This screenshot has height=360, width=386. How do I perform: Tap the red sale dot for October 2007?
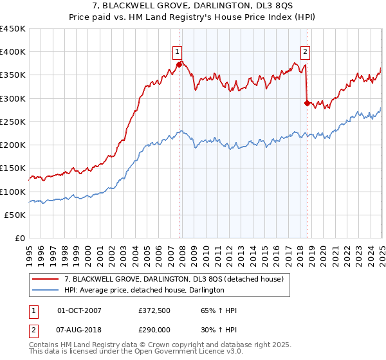[x=179, y=64]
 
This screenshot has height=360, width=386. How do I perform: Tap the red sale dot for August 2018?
[x=307, y=102]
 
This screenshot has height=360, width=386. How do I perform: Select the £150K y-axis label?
[x=12, y=168]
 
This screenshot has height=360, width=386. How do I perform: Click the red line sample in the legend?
[x=46, y=279]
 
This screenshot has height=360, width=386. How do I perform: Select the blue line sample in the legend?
[x=46, y=290]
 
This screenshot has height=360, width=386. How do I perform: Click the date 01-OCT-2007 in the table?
[x=79, y=311]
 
